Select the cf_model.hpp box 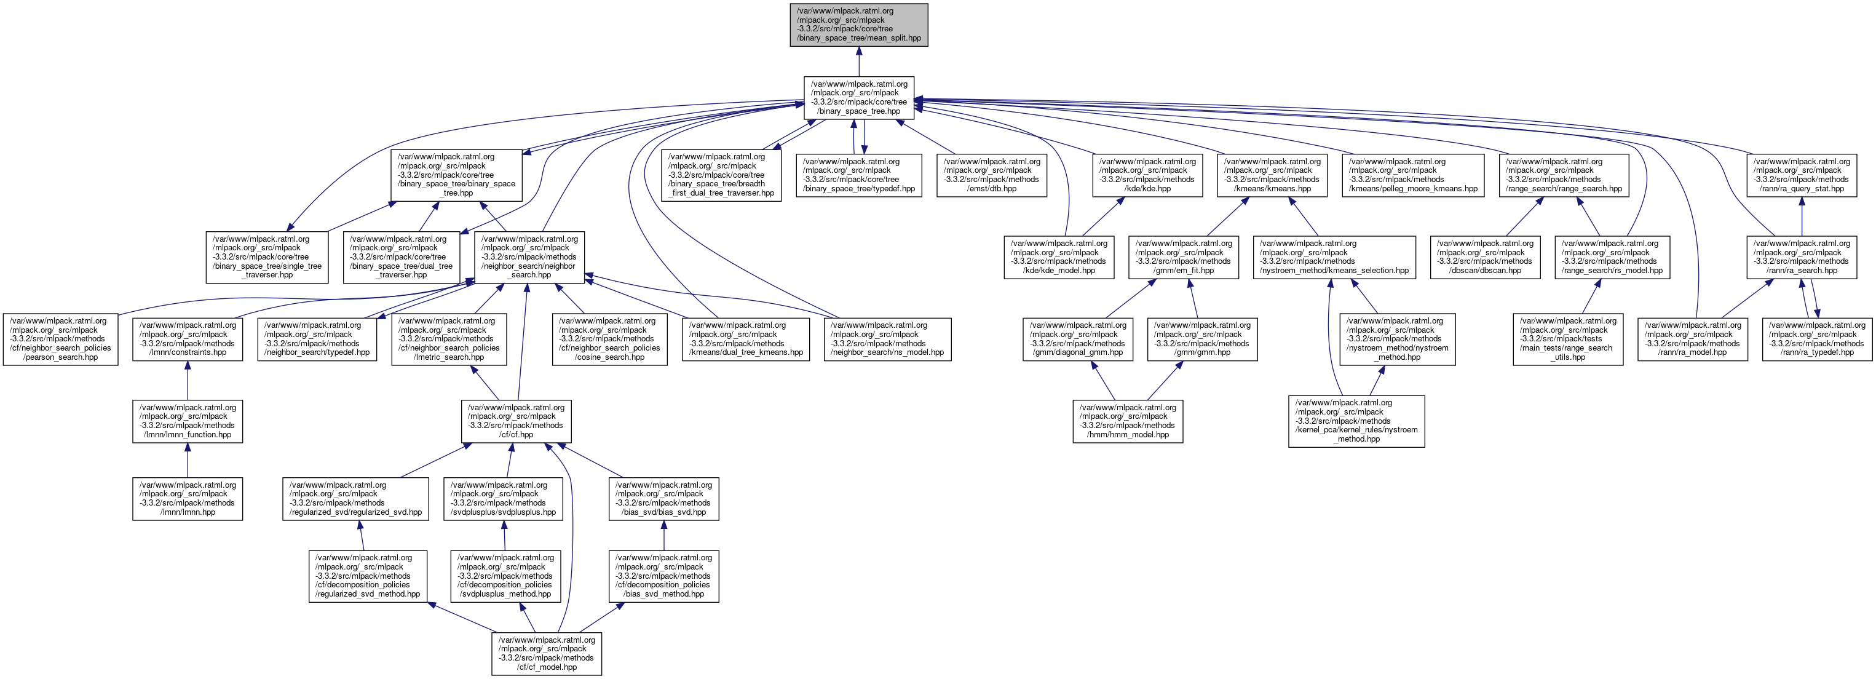(546, 654)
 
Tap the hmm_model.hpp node (1127, 421)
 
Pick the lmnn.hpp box (187, 498)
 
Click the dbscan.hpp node (1484, 257)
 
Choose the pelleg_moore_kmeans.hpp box (1413, 175)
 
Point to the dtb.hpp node (991, 175)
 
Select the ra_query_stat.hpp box (1801, 175)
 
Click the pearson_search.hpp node (60, 339)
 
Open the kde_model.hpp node (1059, 257)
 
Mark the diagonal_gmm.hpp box (1077, 339)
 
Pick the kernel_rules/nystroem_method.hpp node (1356, 421)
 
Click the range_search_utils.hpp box (1567, 339)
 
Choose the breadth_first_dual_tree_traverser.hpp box (721, 175)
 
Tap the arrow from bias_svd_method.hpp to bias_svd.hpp (663, 536)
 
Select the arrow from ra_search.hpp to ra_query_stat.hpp (1801, 216)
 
